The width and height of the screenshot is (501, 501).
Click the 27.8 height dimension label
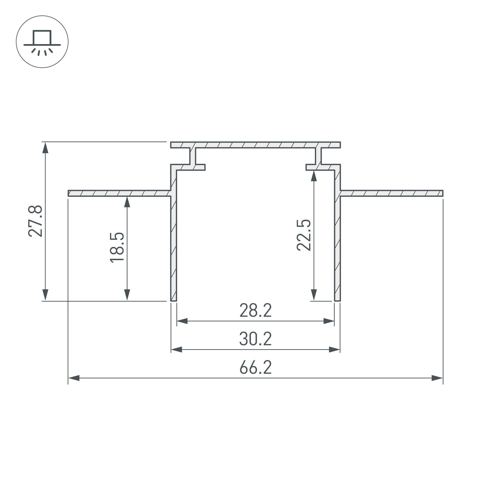[35, 221]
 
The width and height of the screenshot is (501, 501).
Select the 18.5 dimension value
[117, 248]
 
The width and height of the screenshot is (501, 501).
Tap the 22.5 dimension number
[304, 235]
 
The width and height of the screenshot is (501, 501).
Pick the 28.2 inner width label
[256, 310]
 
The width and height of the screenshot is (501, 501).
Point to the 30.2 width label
[256, 339]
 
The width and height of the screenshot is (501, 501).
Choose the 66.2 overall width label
[256, 367]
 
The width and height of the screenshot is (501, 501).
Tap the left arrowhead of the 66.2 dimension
[74, 378]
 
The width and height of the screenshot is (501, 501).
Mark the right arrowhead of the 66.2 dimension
[437, 378]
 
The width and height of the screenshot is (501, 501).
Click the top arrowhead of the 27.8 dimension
[45, 148]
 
